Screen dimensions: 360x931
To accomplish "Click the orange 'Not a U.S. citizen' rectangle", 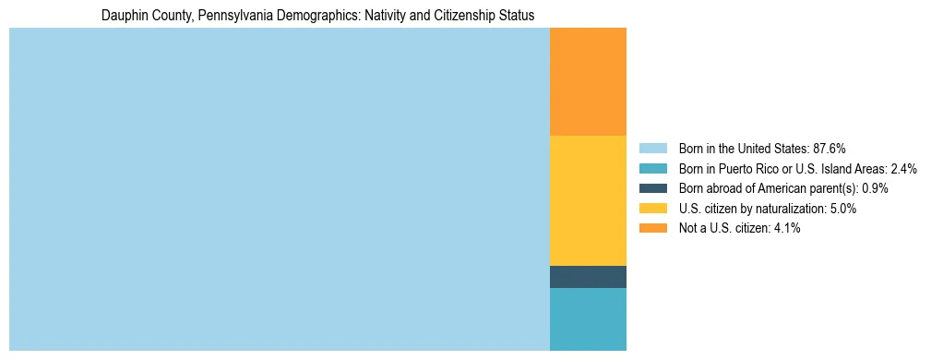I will pos(588,81).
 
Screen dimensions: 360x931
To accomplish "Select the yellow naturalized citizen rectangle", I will pos(588,200).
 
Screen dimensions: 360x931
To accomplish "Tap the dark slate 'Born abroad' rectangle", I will pos(588,277).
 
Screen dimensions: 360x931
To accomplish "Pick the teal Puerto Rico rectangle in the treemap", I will pos(588,318).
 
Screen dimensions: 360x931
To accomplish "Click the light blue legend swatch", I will pos(652,149).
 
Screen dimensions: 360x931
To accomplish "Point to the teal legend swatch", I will pos(652,169).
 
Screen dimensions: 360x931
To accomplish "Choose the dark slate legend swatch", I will pos(652,188).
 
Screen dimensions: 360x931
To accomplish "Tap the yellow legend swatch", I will pos(652,209).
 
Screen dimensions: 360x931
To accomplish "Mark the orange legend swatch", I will pos(652,229).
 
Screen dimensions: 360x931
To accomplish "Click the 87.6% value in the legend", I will pos(829,149).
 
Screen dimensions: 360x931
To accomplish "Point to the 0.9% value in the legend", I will pos(875,188).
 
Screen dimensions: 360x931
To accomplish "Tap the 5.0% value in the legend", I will pos(842,209).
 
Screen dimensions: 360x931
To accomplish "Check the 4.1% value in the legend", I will pos(786,229).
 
